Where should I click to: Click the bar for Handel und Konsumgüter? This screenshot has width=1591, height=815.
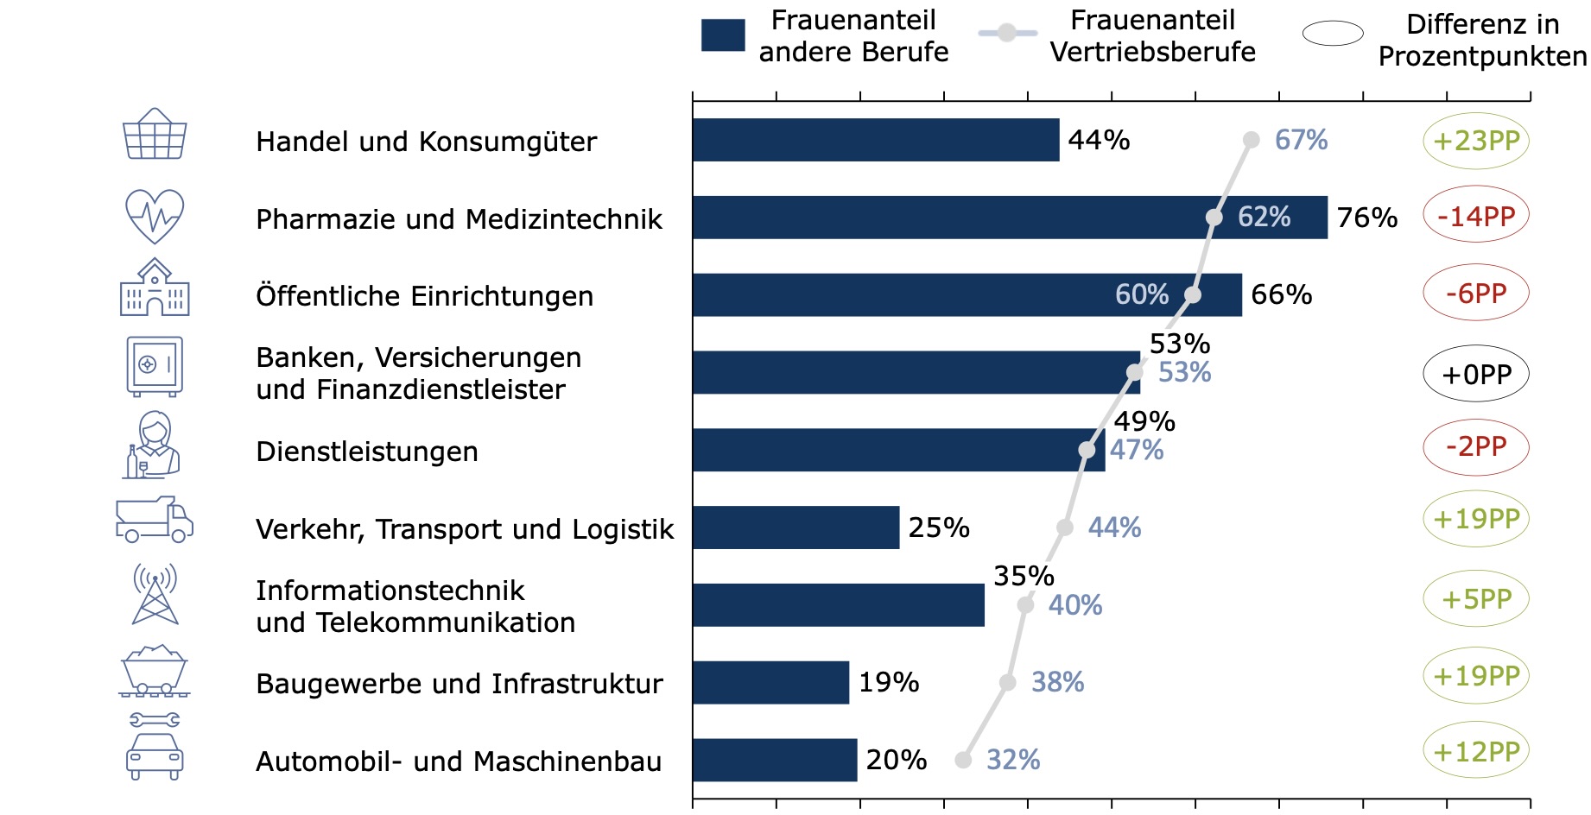coord(876,140)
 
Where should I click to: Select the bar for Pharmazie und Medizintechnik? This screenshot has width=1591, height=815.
coord(1010,218)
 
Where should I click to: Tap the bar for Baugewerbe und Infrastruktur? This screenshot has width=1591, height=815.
coord(770,683)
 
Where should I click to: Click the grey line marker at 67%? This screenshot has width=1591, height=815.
coord(1252,140)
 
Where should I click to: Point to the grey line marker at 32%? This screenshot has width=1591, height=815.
coord(963,760)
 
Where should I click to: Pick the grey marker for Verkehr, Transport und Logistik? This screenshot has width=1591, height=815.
coord(1065,528)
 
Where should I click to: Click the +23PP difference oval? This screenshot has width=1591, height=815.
coord(1476,141)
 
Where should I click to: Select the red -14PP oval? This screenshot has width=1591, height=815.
coord(1476,215)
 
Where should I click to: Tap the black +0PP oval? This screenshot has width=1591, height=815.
coord(1476,374)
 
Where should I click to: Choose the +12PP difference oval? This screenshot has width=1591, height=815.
coord(1476,751)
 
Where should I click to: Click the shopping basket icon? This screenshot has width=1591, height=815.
coord(155,134)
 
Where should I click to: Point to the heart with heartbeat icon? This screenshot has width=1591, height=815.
coord(155,216)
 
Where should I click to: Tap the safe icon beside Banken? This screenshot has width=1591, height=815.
coord(155,366)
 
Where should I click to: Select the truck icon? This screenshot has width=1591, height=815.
coord(155,520)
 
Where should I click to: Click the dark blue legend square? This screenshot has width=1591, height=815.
coord(723,35)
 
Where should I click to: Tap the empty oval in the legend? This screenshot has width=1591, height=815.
coord(1333,34)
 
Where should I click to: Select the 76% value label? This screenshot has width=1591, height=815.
coord(1367,218)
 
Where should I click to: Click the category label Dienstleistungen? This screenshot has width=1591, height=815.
coord(367,452)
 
